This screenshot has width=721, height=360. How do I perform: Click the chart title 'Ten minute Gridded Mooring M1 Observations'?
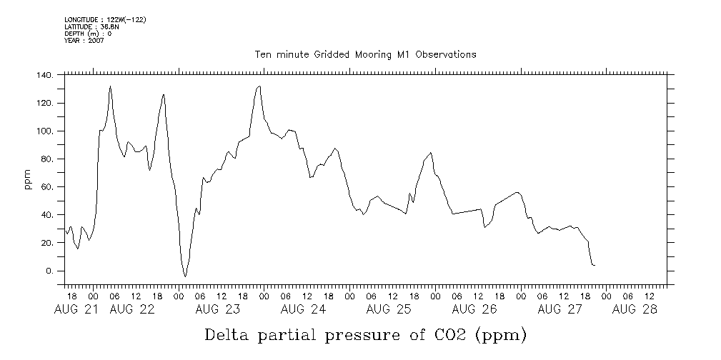[365, 54]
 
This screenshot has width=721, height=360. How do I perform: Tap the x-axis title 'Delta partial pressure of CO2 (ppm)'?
[365, 334]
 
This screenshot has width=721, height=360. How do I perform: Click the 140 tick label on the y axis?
[44, 75]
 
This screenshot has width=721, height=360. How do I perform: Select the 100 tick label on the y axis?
[44, 131]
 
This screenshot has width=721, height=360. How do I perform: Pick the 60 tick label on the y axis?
[47, 187]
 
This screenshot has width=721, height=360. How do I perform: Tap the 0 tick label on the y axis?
[50, 271]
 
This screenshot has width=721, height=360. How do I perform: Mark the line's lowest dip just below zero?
[185, 276]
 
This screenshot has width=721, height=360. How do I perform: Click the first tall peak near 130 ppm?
[110, 86]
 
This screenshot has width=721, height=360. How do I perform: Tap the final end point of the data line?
[595, 266]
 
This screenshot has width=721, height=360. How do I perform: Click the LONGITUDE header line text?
[105, 19]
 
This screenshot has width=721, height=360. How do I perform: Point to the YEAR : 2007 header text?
[84, 41]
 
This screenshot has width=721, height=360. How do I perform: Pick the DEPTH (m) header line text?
[88, 34]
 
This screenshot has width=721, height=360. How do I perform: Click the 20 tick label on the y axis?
[47, 244]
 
